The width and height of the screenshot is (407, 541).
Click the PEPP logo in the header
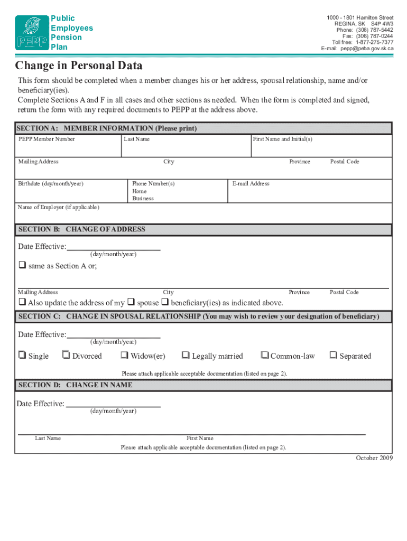click(x=31, y=33)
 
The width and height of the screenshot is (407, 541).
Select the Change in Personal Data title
click(x=79, y=66)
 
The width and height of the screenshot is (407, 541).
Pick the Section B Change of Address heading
click(x=82, y=230)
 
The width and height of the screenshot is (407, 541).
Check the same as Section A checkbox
click(x=22, y=266)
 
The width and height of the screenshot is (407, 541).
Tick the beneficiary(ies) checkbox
click(x=165, y=303)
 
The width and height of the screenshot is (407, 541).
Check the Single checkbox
click(x=22, y=356)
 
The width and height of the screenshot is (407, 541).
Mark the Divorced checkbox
click(x=66, y=356)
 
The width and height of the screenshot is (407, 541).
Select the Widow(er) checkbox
click(x=125, y=356)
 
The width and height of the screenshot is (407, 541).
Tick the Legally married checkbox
click(x=186, y=356)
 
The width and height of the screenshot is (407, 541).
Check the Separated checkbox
click(x=334, y=356)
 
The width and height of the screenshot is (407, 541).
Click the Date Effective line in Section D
click(x=113, y=405)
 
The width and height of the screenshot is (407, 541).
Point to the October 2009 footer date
click(x=374, y=458)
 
